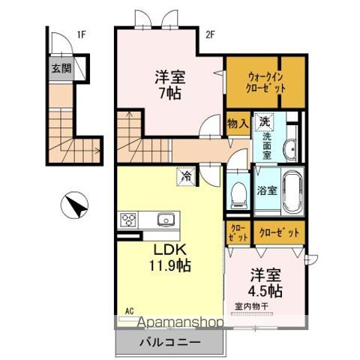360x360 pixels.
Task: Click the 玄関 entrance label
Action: click(61, 68)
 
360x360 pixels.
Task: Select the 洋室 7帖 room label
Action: click(170, 84)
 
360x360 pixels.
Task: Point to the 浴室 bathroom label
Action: click(268, 190)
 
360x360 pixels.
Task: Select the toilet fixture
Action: click(238, 194)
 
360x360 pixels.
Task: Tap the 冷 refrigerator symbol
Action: click(184, 177)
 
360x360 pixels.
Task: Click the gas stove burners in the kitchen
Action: click(127, 220)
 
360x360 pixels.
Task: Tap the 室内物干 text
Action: click(251, 306)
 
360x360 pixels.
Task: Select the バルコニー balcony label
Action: click(169, 342)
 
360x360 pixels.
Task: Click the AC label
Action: click(128, 310)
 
